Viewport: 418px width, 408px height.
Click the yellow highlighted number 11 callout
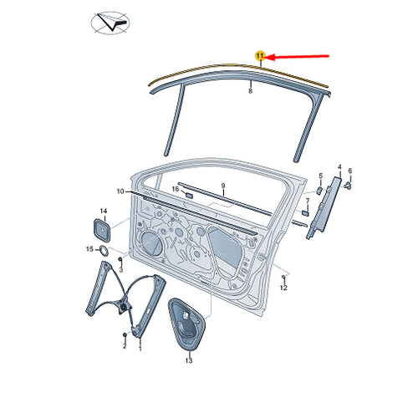pos(260,56)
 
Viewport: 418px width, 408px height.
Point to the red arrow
pos(297,57)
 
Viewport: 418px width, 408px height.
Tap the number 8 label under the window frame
pos(250,91)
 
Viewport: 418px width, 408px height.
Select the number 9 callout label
pos(223,186)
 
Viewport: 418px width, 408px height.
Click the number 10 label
pos(120,191)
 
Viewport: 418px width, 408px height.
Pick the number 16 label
pos(176,189)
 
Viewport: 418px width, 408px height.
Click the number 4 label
pos(339,167)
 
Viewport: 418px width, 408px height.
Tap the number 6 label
pos(350,171)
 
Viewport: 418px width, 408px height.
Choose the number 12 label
pos(283,288)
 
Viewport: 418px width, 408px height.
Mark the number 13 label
pos(189,360)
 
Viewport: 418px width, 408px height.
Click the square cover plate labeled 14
pos(102,230)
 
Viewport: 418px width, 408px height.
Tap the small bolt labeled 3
pos(120,260)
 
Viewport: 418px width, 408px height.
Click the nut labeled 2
pos(125,334)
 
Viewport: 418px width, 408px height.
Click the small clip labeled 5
pos(319,191)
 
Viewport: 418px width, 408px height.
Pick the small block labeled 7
pos(305,213)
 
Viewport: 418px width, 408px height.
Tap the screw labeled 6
pos(348,186)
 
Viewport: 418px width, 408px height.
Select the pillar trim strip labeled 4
pos(324,207)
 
